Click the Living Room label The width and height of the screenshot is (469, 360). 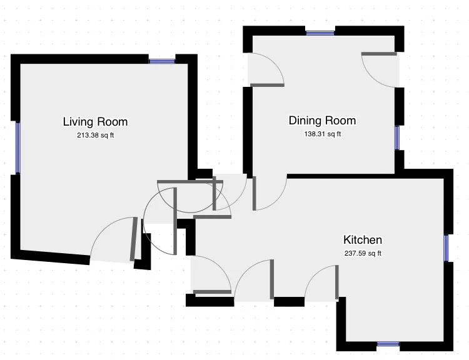(x=96, y=122)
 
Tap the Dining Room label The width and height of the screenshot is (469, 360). (x=323, y=121)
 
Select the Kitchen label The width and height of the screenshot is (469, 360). (x=363, y=240)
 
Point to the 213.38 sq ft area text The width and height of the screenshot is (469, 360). (x=96, y=135)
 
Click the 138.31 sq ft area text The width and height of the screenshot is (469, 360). (x=323, y=134)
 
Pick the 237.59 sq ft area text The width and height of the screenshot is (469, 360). (x=363, y=253)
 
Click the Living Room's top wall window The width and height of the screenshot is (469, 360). (x=162, y=61)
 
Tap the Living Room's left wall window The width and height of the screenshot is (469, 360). (x=18, y=148)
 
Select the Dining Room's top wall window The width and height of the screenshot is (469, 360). (x=320, y=33)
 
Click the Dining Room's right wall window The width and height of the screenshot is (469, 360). (x=397, y=138)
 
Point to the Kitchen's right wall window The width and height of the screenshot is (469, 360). (x=446, y=248)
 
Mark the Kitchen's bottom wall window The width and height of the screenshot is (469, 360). (x=388, y=344)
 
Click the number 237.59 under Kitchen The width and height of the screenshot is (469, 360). (x=355, y=253)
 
